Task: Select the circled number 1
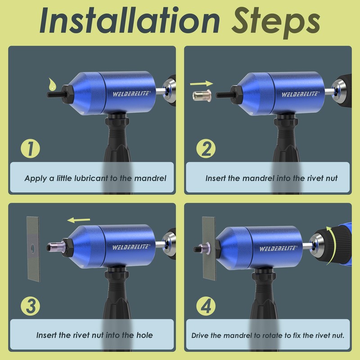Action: tap(31, 149)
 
